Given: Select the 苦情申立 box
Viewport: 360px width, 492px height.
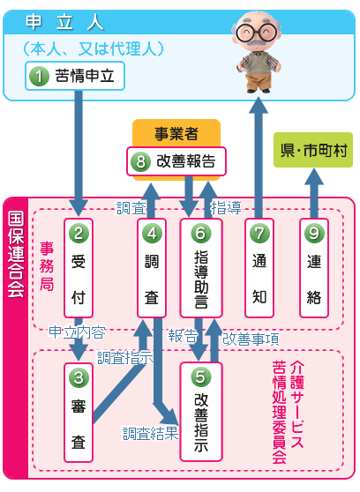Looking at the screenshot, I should pyautogui.click(x=74, y=76).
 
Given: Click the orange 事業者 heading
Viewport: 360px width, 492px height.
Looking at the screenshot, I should pyautogui.click(x=176, y=133).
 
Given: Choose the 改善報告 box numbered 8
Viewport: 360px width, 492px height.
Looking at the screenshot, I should pyautogui.click(x=176, y=160).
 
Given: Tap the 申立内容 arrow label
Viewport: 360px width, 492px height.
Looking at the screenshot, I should pyautogui.click(x=77, y=333).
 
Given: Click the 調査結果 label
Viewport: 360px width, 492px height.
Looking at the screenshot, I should pyautogui.click(x=150, y=433).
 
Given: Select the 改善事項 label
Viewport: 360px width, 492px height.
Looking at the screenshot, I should pyautogui.click(x=251, y=338).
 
